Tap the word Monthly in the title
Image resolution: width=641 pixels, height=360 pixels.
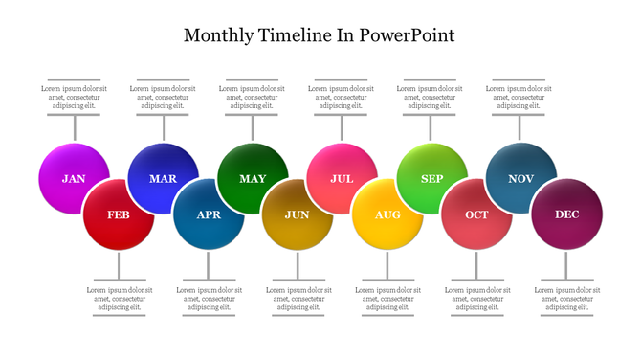pos(219,35)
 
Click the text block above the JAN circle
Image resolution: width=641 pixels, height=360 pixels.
pos(74,97)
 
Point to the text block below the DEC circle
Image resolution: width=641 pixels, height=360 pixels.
pos(566,298)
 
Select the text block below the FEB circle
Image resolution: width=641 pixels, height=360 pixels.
pos(119,298)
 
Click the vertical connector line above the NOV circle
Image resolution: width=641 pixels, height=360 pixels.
pos(520,127)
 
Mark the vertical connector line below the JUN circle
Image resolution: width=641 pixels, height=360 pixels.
pos(298,265)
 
